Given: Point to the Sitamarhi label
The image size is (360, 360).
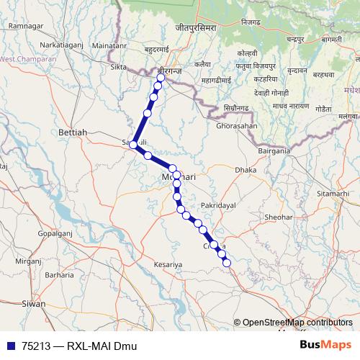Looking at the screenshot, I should pos(332,194).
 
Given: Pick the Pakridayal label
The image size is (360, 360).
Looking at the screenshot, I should pos(218,205).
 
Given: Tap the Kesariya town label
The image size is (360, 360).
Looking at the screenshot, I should pos(169,265).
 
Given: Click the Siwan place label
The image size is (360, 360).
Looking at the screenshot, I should pos(33,304).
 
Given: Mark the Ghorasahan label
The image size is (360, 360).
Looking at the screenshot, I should pos(236,125).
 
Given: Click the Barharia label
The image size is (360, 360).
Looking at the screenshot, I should pos(59,275).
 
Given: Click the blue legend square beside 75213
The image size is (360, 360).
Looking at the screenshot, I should pos(10,346).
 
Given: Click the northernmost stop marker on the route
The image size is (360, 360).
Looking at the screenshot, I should pos(161,78).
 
